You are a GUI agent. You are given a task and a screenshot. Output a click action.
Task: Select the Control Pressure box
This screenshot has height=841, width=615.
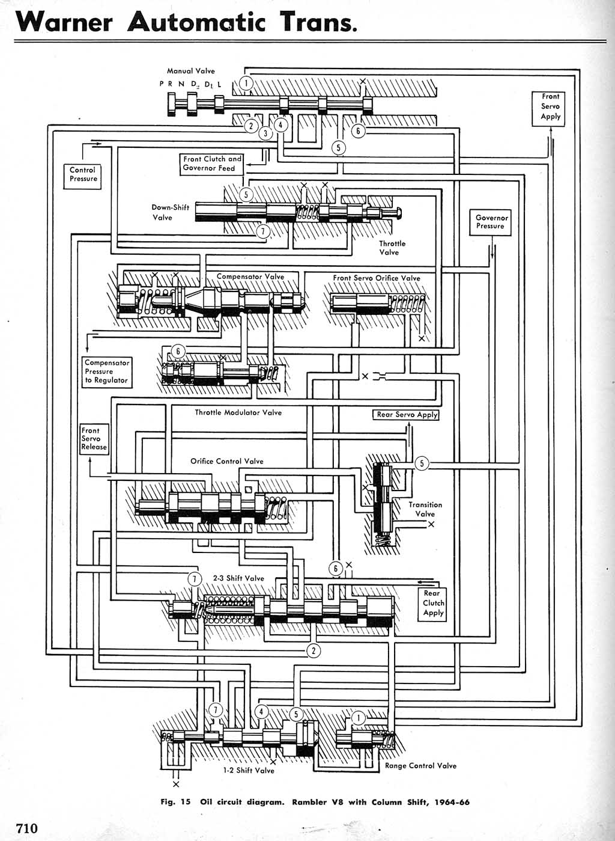pyautogui.click(x=83, y=174)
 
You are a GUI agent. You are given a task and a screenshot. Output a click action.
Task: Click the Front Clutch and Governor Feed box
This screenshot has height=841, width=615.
pyautogui.click(x=211, y=164)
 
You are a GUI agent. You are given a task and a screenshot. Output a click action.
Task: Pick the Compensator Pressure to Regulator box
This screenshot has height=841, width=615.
pyautogui.click(x=106, y=372)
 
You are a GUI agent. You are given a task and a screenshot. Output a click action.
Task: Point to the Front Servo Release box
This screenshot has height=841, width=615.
pyautogui.click(x=94, y=439)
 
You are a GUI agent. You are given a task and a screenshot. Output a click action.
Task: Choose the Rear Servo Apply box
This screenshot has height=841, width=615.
pyautogui.click(x=406, y=415)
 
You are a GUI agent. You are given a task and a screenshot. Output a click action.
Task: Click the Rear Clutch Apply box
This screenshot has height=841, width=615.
pyautogui.click(x=433, y=603)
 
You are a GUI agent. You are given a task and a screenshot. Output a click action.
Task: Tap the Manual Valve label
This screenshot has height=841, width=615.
pyautogui.click(x=190, y=71)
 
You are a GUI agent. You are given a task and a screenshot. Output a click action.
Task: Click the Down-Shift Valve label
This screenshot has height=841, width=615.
pyautogui.click(x=170, y=212)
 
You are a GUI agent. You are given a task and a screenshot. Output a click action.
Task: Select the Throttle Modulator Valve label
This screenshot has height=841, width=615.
pyautogui.click(x=238, y=412)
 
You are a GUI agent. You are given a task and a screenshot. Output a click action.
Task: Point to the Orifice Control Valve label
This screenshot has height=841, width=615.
pyautogui.click(x=226, y=461)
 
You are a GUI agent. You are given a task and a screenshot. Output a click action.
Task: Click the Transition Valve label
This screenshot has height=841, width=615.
pyautogui.click(x=425, y=509)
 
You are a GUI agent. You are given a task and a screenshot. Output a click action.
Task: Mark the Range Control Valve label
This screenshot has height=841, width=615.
pyautogui.click(x=420, y=766)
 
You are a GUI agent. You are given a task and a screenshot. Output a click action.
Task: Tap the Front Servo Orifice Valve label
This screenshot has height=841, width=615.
pyautogui.click(x=377, y=278)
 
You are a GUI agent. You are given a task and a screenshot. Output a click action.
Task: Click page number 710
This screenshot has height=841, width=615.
pyautogui.click(x=26, y=828)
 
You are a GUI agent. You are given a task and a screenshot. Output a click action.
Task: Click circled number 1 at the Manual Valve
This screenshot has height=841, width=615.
pyautogui.click(x=246, y=83)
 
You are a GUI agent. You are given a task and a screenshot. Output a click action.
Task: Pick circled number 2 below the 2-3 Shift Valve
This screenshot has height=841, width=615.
pyautogui.click(x=313, y=650)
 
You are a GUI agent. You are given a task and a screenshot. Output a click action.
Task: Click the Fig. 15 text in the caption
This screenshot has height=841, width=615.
pyautogui.click(x=175, y=802)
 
